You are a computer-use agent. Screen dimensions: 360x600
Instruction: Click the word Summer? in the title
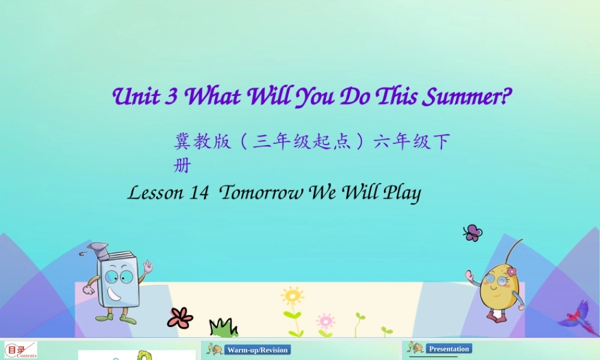tap(467, 97)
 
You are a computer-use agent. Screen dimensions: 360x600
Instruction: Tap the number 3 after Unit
tap(171, 97)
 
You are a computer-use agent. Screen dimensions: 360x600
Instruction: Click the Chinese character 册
tap(182, 166)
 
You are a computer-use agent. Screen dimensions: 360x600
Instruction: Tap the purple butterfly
tap(473, 233)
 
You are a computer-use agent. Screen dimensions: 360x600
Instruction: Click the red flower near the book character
tap(179, 317)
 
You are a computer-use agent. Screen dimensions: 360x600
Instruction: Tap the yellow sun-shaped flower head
tap(292, 296)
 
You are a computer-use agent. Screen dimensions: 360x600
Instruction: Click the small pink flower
tap(325, 320)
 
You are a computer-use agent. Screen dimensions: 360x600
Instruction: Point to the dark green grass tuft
tap(223, 328)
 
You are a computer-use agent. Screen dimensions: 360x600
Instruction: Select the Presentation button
tap(449, 349)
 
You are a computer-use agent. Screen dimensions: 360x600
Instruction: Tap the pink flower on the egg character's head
tap(511, 271)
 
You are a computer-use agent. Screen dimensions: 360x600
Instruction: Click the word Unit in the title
tap(137, 97)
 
